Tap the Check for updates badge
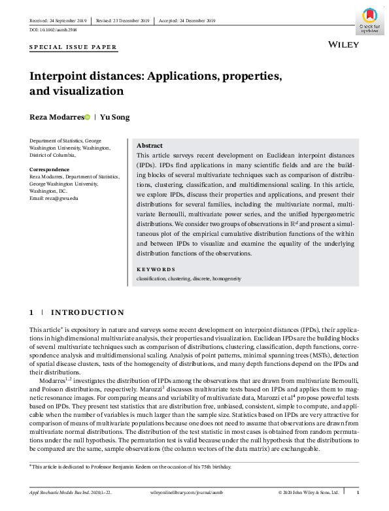click(369, 20)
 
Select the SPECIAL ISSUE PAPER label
click(73, 47)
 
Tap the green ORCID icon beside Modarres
click(87, 117)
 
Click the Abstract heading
click(149, 145)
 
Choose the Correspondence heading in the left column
click(50, 169)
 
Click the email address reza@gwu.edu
click(54, 198)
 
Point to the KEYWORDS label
click(156, 269)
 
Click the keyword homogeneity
click(226, 278)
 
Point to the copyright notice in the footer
click(308, 492)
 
